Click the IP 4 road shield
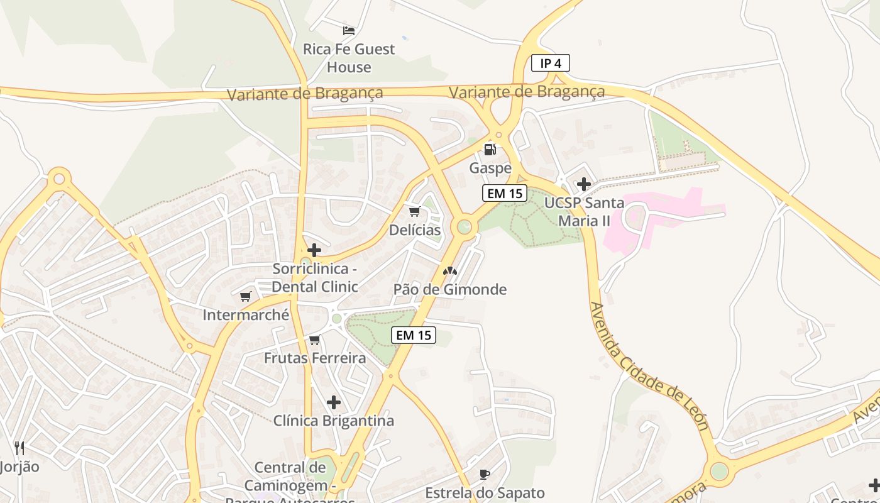click(x=551, y=63)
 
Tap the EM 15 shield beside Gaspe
click(x=505, y=193)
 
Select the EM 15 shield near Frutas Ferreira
click(x=414, y=335)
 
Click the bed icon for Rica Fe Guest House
click(x=349, y=30)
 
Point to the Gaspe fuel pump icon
click(x=490, y=150)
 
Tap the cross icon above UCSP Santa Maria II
click(x=584, y=184)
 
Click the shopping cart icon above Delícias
click(x=414, y=211)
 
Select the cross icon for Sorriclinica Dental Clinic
click(x=314, y=250)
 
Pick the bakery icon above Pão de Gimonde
click(x=449, y=271)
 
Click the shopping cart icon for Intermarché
click(x=246, y=296)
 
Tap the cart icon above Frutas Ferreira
click(x=315, y=340)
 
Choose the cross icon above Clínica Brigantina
click(x=334, y=402)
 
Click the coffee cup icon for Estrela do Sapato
click(x=484, y=474)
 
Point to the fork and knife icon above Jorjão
click(x=19, y=448)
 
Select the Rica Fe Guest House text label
click(x=349, y=58)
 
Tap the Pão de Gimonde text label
click(x=449, y=289)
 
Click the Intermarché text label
click(x=246, y=314)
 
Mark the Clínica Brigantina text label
click(x=334, y=421)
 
